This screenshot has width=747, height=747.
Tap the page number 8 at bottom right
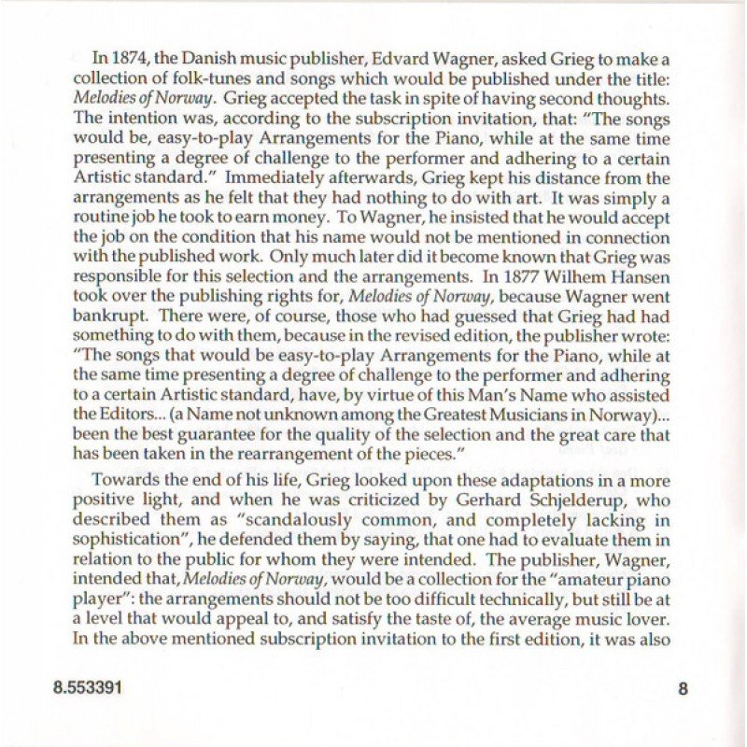click(683, 690)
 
